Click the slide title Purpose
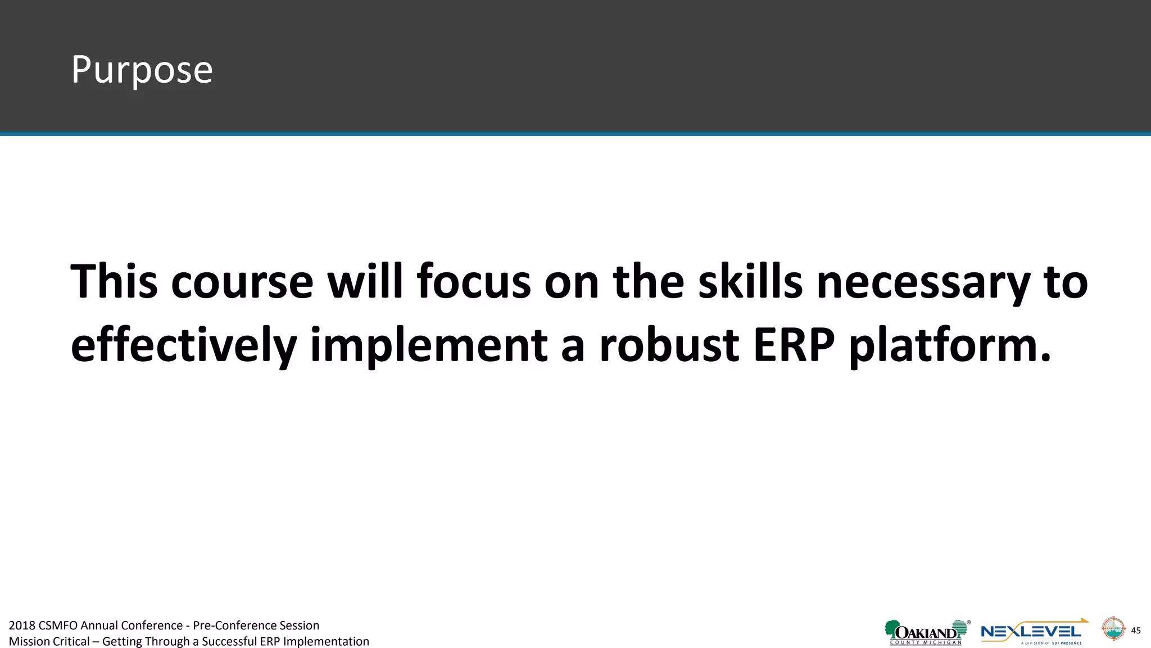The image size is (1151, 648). click(x=142, y=70)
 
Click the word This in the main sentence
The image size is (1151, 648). click(x=114, y=281)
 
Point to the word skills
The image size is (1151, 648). click(x=750, y=281)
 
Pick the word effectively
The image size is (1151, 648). click(x=183, y=344)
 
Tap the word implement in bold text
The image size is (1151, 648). click(x=428, y=344)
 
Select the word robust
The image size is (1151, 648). click(x=669, y=344)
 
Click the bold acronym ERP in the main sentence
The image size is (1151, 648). click(x=794, y=344)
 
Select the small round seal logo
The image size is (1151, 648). click(x=1113, y=628)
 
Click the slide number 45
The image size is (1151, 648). click(x=1136, y=631)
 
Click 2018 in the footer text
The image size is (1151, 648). click(x=22, y=625)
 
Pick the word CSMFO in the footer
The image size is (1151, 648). click(x=58, y=625)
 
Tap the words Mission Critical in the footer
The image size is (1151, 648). click(x=49, y=641)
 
